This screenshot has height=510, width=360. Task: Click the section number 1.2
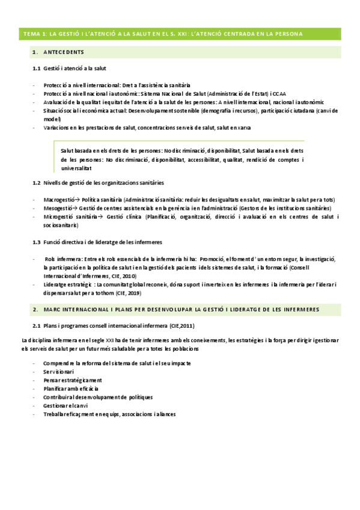point(36,182)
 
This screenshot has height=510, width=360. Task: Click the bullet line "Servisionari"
point(58,372)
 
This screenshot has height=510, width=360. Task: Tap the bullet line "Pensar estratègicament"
point(72,381)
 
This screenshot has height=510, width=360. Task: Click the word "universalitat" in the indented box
point(78,169)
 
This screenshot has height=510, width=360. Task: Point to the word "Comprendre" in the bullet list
point(59,364)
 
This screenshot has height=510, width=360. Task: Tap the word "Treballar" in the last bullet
point(55,414)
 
